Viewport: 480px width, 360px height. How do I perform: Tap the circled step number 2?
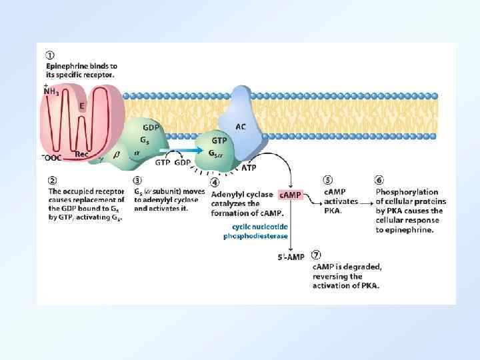point(51,179)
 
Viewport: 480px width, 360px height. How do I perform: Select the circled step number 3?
point(138,179)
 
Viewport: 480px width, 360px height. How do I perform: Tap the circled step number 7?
point(317,255)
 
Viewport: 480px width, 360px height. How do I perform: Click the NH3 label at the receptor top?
point(51,92)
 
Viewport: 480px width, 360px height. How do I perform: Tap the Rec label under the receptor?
point(81,155)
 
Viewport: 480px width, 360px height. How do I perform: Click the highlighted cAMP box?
point(290,195)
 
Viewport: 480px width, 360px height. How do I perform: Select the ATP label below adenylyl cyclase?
point(248,168)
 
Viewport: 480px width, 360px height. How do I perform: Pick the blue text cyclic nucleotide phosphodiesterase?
point(255,231)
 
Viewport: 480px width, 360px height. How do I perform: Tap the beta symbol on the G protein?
point(115,154)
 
